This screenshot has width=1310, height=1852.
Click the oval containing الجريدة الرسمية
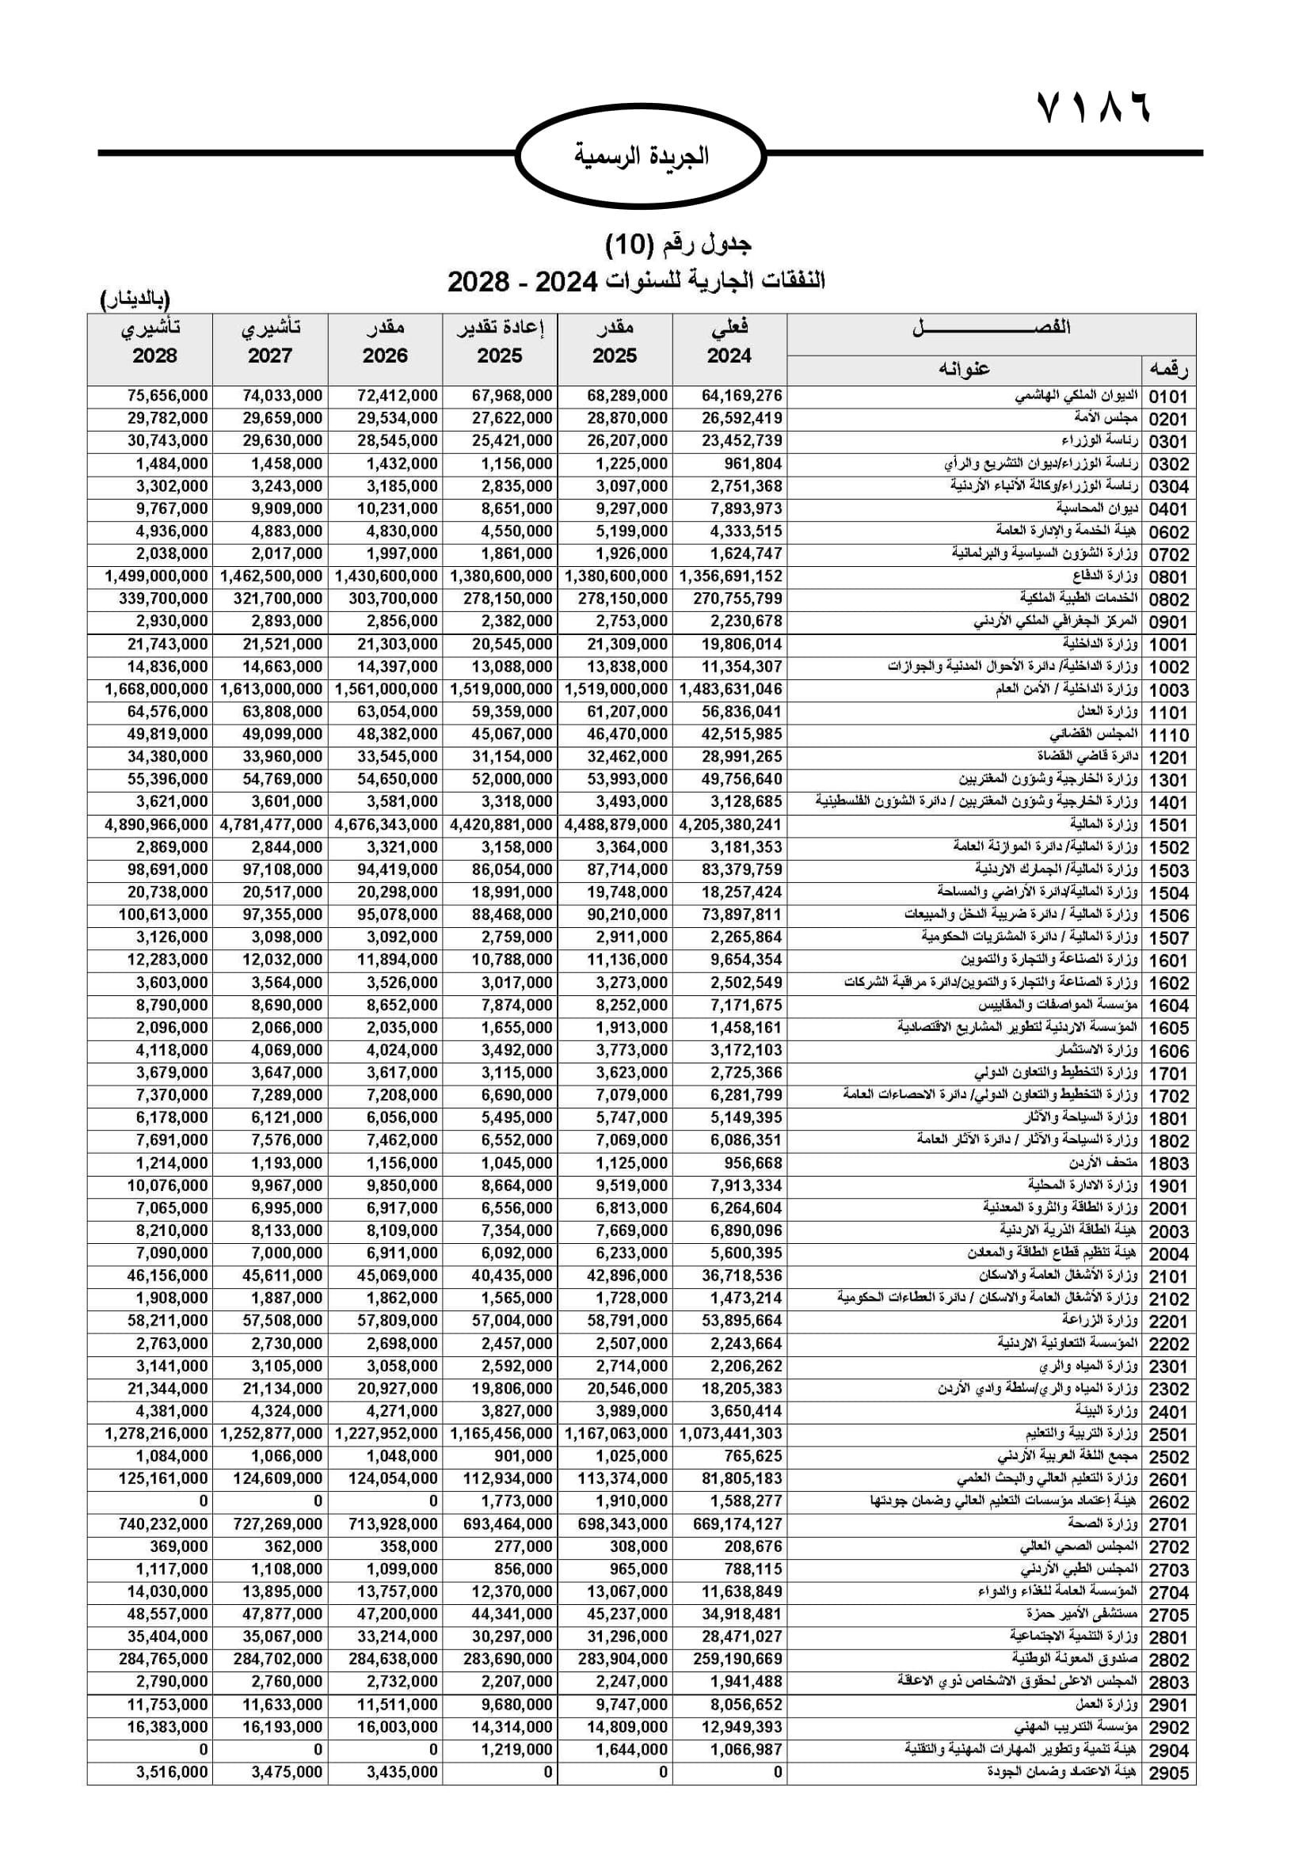[x=641, y=155]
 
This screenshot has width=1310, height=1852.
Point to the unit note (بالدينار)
[x=135, y=300]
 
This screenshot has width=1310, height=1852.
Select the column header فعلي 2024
[x=729, y=341]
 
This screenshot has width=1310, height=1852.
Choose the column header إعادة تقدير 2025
[x=499, y=341]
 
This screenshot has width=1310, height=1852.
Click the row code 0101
[x=1168, y=397]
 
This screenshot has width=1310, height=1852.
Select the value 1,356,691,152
[x=731, y=576]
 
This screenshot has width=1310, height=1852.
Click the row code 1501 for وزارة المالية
[x=1168, y=825]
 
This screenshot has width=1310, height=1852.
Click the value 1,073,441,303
[x=731, y=1433]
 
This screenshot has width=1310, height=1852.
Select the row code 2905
[x=1168, y=1772]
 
